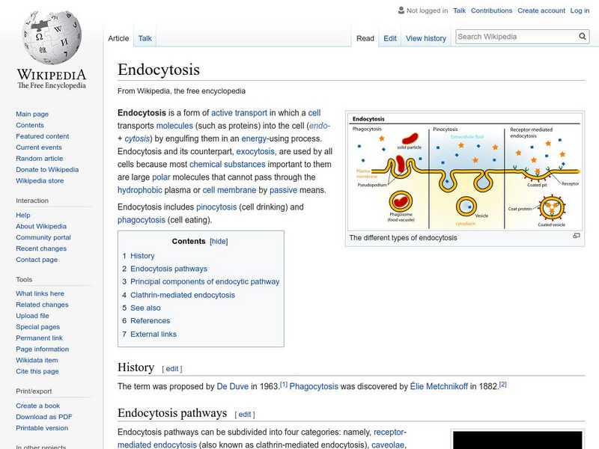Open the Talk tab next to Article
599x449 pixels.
tap(145, 38)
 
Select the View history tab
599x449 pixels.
tap(425, 38)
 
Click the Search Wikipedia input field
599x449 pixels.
tap(515, 36)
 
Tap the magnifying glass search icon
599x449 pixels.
tap(583, 36)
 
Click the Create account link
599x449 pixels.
tap(541, 10)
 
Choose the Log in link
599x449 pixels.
tap(580, 10)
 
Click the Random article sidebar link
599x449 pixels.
tap(40, 159)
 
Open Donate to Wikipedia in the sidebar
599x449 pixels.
tap(47, 170)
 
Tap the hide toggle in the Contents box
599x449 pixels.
tap(219, 241)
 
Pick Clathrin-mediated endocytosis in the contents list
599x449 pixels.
tap(183, 295)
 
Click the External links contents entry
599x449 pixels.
tap(153, 334)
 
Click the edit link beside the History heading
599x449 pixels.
tap(172, 368)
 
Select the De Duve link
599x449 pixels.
tap(231, 386)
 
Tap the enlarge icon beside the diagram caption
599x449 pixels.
tap(577, 236)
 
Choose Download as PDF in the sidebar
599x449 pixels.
tap(44, 417)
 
